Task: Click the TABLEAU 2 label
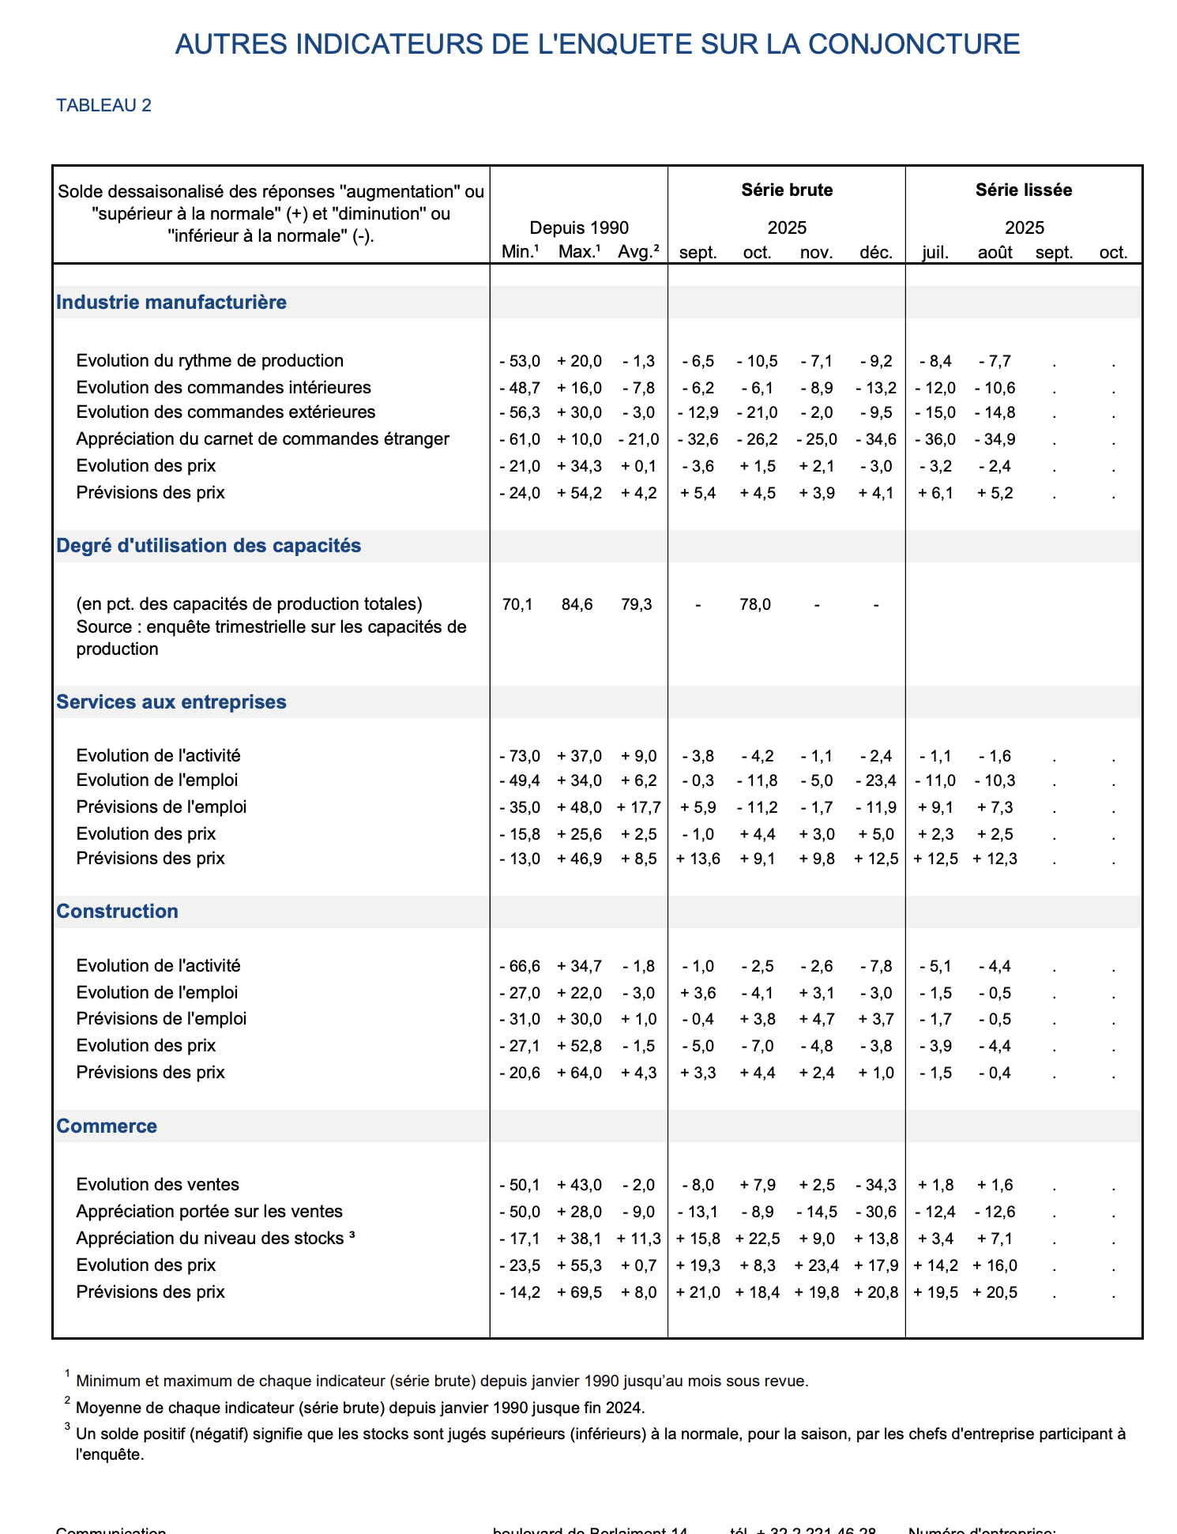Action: pyautogui.click(x=103, y=106)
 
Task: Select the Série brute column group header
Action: pyautogui.click(x=787, y=190)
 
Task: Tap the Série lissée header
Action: pyautogui.click(x=1024, y=190)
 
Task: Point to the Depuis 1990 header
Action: pyautogui.click(x=579, y=228)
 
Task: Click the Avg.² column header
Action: pyautogui.click(x=638, y=253)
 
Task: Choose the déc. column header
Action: pyautogui.click(x=876, y=253)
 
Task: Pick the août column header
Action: pyautogui.click(x=995, y=253)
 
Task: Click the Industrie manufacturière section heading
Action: pyautogui.click(x=171, y=303)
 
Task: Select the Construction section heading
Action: pyautogui.click(x=118, y=912)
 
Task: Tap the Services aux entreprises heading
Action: pyautogui.click(x=171, y=702)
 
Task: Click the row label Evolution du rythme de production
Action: pyautogui.click(x=210, y=361)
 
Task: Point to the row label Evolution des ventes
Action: pyautogui.click(x=158, y=1185)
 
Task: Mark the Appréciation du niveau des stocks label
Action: pyautogui.click(x=210, y=1239)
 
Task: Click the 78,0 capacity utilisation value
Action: pyautogui.click(x=755, y=605)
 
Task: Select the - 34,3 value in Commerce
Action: pyautogui.click(x=876, y=1186)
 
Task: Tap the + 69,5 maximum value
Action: pyautogui.click(x=579, y=1293)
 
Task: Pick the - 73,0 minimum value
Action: pyautogui.click(x=520, y=757)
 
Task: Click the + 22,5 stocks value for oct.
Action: pyautogui.click(x=757, y=1239)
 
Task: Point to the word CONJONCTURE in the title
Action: pyautogui.click(x=914, y=44)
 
